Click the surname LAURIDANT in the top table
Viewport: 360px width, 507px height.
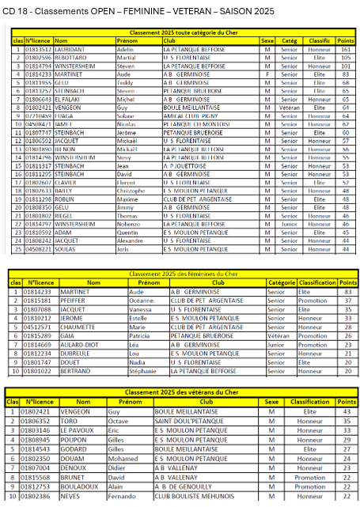71,49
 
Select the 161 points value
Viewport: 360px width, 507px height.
345,49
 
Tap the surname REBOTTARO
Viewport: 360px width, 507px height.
72,58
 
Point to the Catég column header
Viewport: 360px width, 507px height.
289,40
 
